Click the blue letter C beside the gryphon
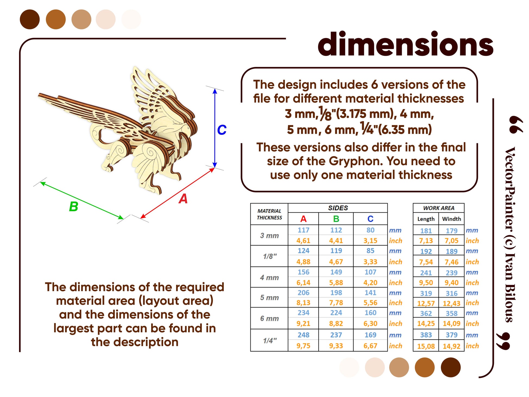[222, 130]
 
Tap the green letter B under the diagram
[73, 206]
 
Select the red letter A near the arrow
[183, 199]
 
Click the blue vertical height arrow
[215, 128]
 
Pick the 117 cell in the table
[303, 230]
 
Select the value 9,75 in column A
[303, 346]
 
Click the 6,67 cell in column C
[370, 346]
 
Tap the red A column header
[303, 219]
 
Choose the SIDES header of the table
[338, 208]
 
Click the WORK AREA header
[439, 208]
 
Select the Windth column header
[452, 219]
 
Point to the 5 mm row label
[269, 297]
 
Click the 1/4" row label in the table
[270, 340]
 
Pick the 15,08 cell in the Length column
[426, 346]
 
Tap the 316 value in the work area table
[452, 293]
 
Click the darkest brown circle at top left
[30, 19]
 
